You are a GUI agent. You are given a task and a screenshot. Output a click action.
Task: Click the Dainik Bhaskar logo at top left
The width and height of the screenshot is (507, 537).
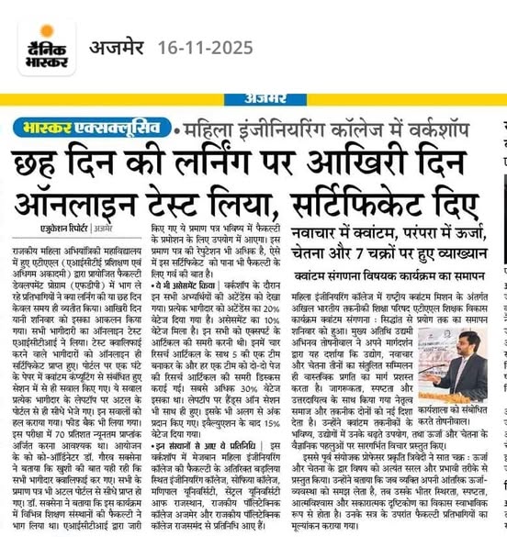(x=46, y=47)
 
